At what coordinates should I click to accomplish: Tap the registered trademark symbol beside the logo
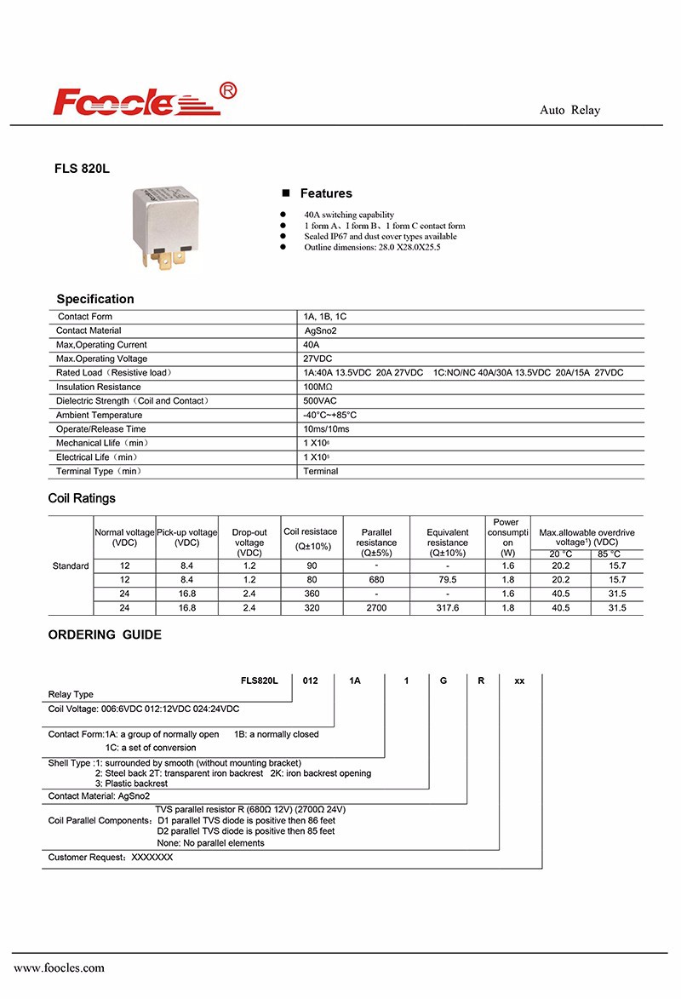coord(228,90)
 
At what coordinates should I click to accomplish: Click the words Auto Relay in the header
coord(569,111)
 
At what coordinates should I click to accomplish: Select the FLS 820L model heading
coord(82,169)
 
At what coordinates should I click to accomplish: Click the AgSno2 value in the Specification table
coord(321,330)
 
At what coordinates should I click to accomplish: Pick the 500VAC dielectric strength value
coord(320,400)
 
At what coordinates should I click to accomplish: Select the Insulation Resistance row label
coord(99,387)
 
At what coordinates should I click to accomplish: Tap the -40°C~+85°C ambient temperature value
coord(330,415)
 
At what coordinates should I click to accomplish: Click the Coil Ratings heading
coord(82,498)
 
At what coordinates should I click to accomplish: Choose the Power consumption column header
coord(506,537)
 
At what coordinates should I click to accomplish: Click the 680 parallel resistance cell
coord(376,580)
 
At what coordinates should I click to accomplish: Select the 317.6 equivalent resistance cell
coord(447,608)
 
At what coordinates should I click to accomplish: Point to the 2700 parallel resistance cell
coord(376,608)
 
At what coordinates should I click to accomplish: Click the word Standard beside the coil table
coord(71,566)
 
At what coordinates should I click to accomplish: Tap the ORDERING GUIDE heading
coord(105,634)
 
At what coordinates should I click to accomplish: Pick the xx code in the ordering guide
coord(519,680)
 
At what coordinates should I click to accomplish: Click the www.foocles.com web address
coord(59,967)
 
